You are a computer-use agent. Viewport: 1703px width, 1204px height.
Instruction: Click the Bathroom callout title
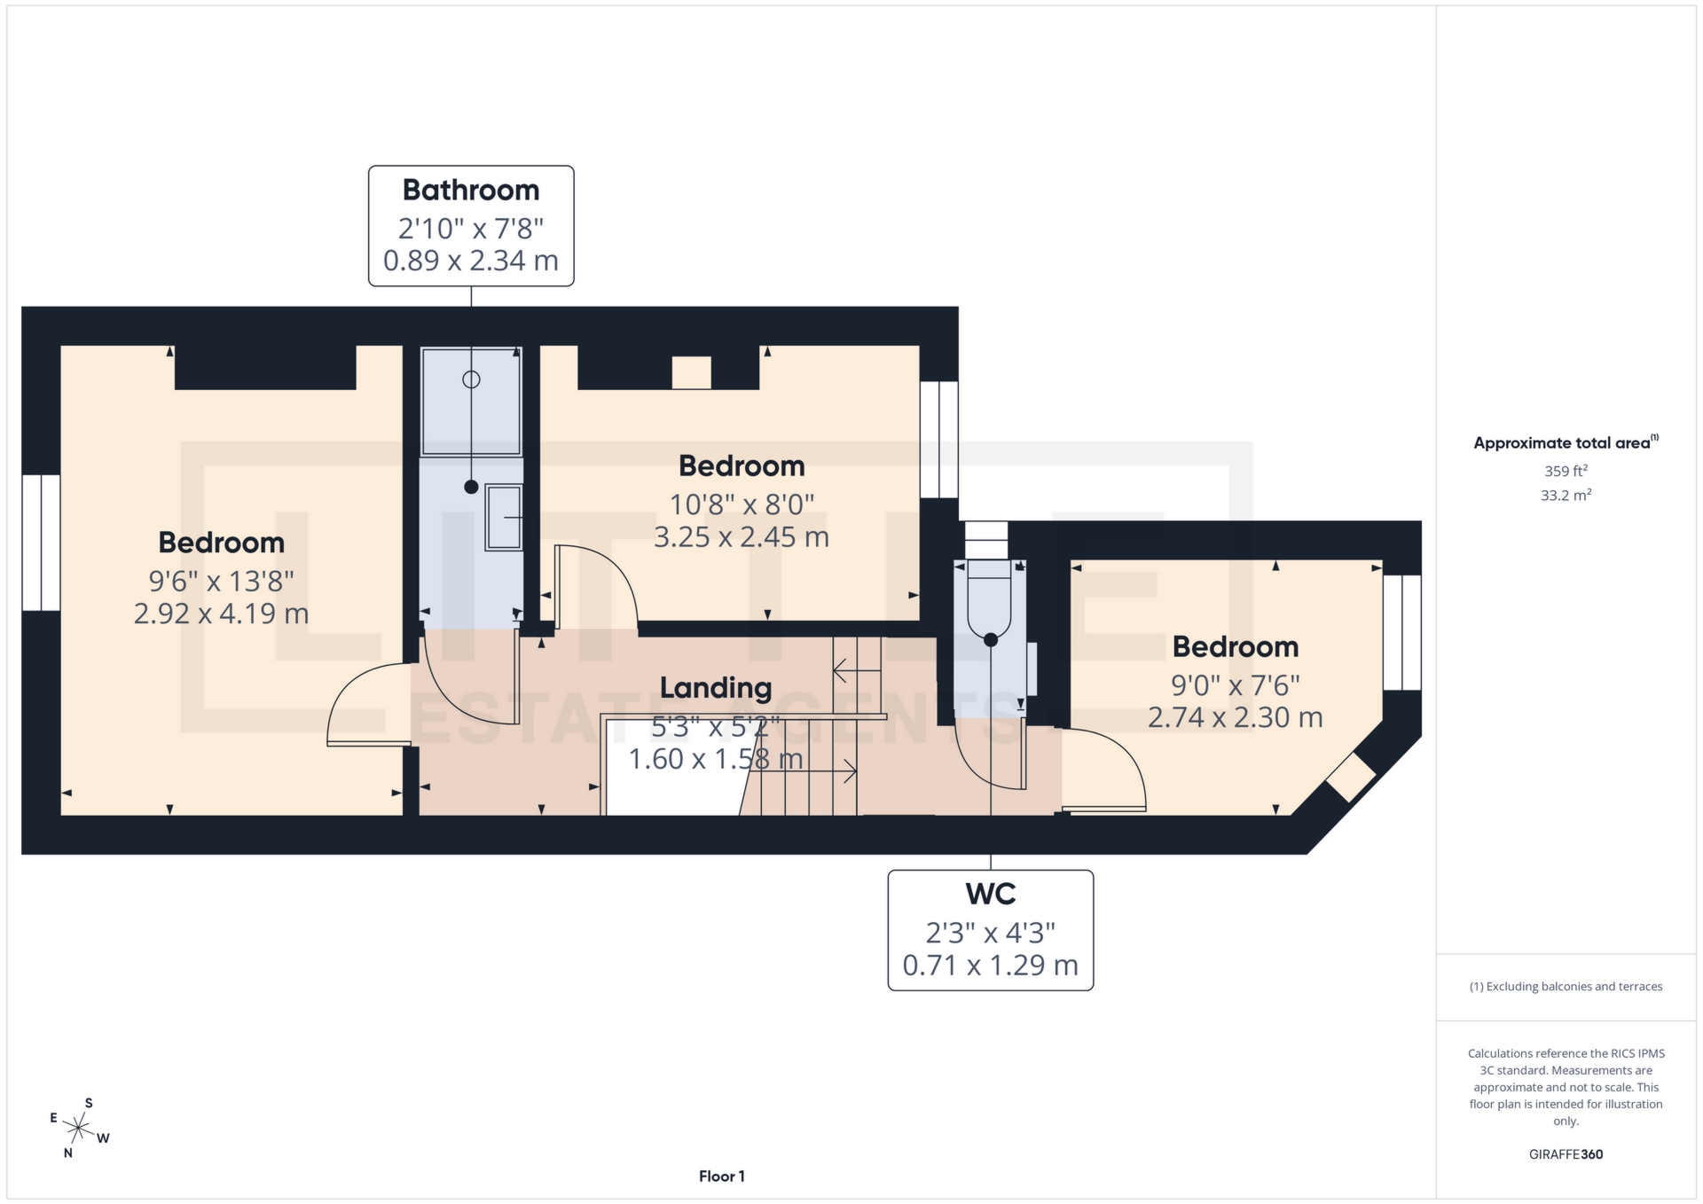pyautogui.click(x=471, y=190)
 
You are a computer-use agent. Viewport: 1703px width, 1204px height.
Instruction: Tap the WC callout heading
pyautogui.click(x=990, y=894)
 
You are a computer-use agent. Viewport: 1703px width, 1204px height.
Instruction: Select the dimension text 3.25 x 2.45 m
pyautogui.click(x=741, y=537)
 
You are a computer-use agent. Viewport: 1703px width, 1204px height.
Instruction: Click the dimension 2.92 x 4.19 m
pyautogui.click(x=221, y=614)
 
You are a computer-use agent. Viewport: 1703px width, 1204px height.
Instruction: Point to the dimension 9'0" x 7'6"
pyautogui.click(x=1235, y=685)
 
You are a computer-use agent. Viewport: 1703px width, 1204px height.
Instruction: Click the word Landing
pyautogui.click(x=715, y=688)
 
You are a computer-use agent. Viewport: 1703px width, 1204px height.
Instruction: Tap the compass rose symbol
pyautogui.click(x=79, y=1129)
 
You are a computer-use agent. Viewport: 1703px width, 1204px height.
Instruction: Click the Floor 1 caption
pyautogui.click(x=721, y=1177)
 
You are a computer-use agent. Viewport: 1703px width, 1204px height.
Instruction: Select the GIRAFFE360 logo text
pyautogui.click(x=1566, y=1154)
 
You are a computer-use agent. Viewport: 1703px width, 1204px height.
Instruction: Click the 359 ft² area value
pyautogui.click(x=1566, y=472)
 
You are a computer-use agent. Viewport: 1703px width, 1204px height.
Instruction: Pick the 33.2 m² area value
pyautogui.click(x=1566, y=496)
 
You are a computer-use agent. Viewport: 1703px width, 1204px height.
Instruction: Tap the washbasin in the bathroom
pyautogui.click(x=503, y=517)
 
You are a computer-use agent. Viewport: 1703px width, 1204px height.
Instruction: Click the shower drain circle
pyautogui.click(x=471, y=379)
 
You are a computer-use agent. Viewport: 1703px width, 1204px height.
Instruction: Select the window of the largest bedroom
pyautogui.click(x=41, y=543)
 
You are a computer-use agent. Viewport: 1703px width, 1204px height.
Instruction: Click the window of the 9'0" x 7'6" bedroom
pyautogui.click(x=1402, y=632)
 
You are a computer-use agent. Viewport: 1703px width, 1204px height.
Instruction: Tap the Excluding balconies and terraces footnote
pyautogui.click(x=1566, y=987)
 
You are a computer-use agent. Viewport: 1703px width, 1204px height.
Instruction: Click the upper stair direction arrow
pyautogui.click(x=856, y=672)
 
